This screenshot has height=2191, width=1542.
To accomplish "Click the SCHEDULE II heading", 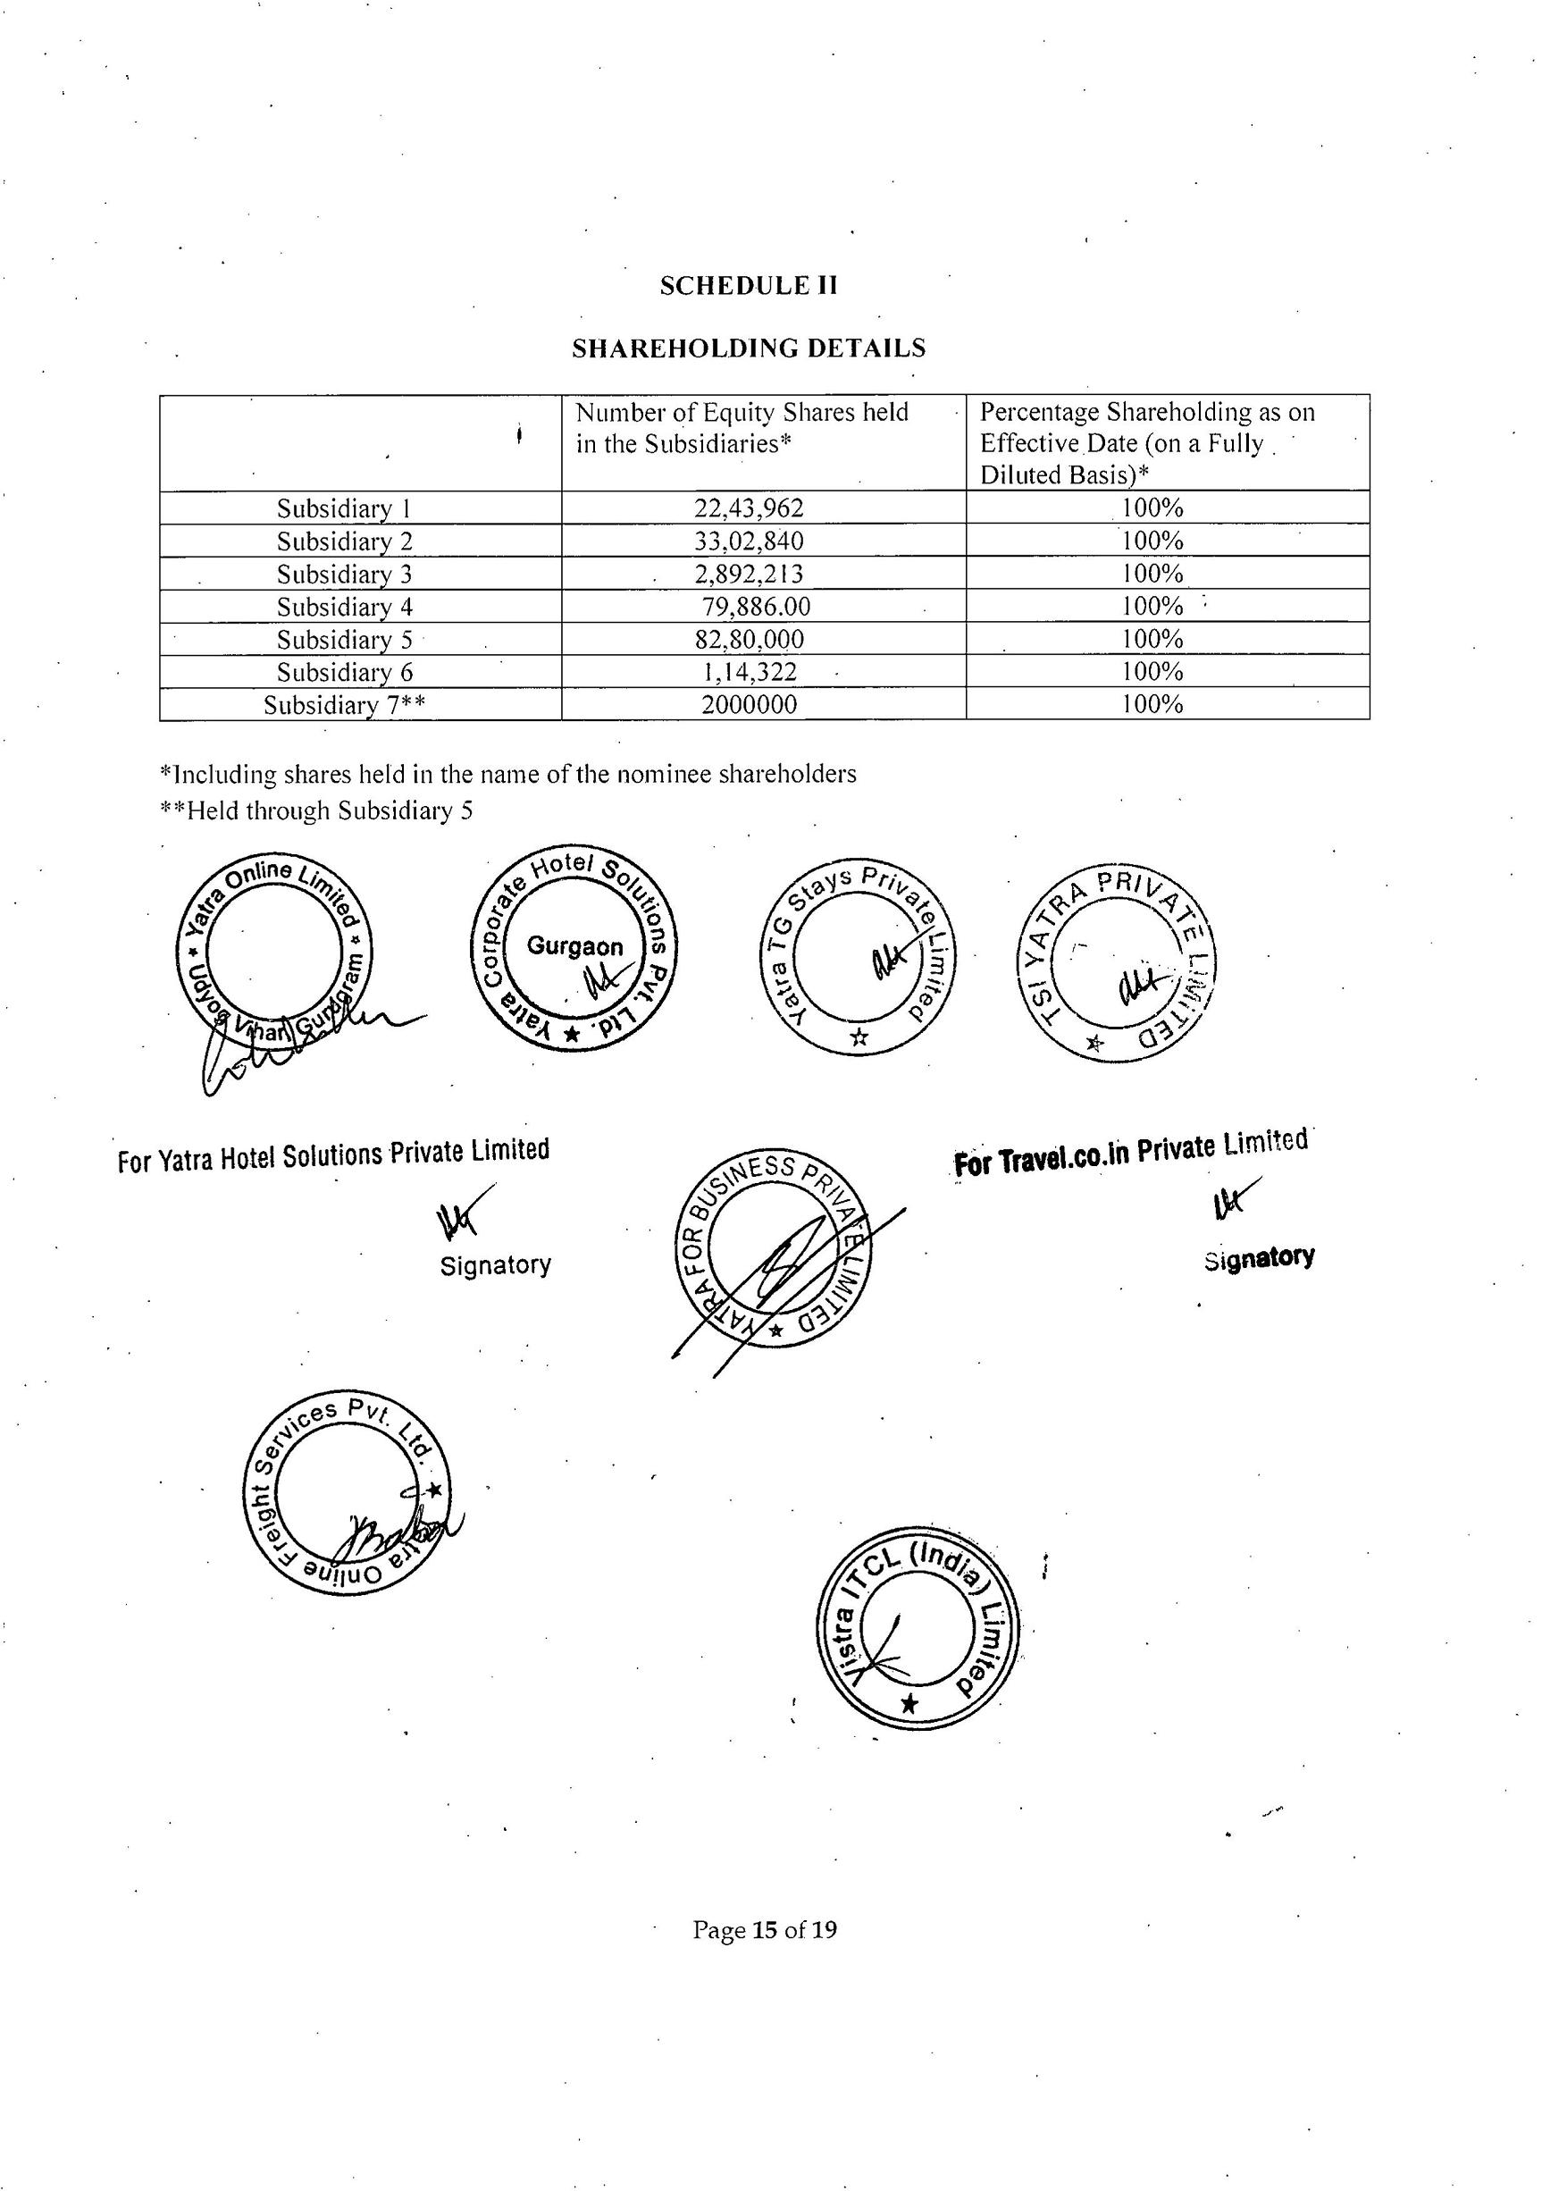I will click(x=748, y=286).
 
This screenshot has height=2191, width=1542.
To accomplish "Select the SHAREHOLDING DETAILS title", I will click(x=748, y=348).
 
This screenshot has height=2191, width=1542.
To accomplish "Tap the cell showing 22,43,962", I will click(x=748, y=508).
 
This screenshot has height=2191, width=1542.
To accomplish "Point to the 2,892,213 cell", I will click(x=748, y=574).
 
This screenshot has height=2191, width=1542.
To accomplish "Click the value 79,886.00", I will click(x=756, y=606).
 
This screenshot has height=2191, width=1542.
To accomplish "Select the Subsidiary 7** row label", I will click(x=345, y=705).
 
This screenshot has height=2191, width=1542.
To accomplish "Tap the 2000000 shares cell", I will click(x=748, y=705).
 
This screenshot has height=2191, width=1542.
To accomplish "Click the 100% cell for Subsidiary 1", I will click(x=1152, y=508).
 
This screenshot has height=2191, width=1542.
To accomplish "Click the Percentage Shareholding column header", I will click(x=1147, y=443).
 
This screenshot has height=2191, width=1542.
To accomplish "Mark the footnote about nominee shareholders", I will click(x=507, y=774).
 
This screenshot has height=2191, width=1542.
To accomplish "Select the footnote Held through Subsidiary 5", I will click(x=316, y=811).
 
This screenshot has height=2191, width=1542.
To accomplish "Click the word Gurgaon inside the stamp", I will click(x=574, y=946).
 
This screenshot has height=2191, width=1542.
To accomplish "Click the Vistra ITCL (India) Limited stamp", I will click(x=918, y=1628).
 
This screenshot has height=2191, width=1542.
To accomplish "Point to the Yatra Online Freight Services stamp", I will click(x=346, y=1491).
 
